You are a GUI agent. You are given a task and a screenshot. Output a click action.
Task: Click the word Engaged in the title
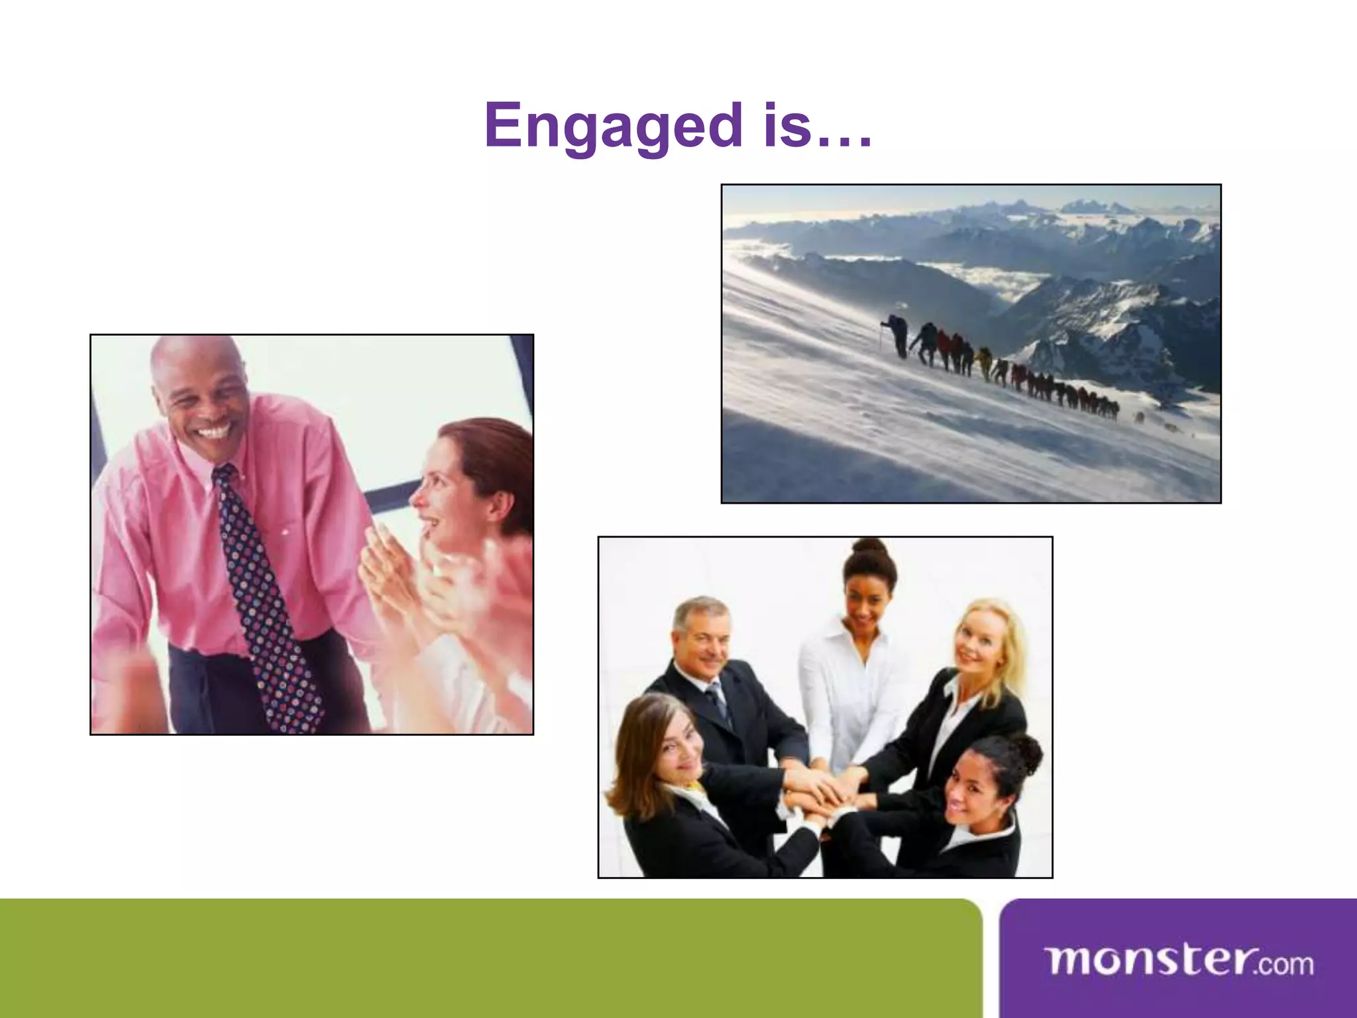(x=613, y=126)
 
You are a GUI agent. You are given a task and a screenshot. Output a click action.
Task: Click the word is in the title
(x=787, y=126)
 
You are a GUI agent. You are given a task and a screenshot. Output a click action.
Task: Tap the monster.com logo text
(x=1179, y=962)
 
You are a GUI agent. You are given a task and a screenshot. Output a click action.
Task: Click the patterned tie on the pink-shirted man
(x=265, y=596)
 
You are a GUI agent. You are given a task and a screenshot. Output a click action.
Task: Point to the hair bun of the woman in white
(x=869, y=547)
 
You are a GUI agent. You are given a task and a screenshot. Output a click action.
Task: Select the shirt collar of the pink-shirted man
(x=199, y=464)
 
